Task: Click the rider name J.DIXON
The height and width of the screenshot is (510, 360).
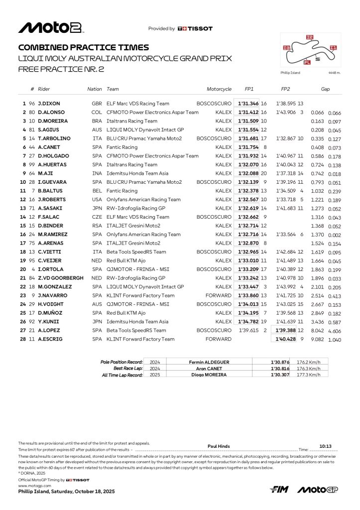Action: (49, 104)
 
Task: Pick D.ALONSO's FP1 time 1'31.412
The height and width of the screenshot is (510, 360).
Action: (247, 113)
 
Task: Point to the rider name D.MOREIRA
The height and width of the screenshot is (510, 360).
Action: (52, 121)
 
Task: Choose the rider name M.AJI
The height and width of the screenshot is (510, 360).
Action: (46, 173)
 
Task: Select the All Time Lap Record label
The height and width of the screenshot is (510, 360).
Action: (122, 375)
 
